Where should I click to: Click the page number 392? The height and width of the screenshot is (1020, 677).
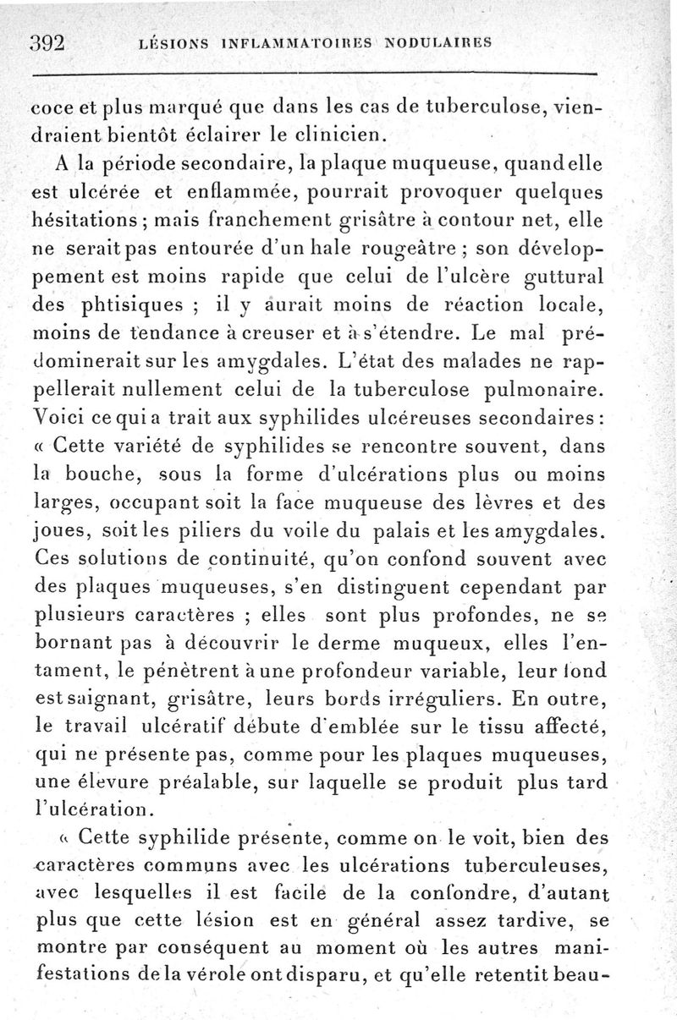[x=48, y=43]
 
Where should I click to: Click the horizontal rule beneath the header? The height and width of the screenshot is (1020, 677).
[x=313, y=74]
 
